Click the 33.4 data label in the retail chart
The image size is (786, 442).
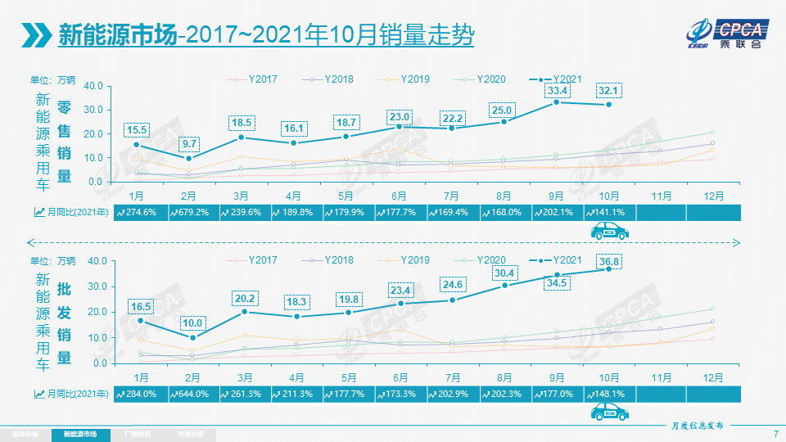[558, 90]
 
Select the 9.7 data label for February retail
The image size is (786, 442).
[189, 142]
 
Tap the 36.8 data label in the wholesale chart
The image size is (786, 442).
[608, 261]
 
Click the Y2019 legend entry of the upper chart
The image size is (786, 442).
[414, 79]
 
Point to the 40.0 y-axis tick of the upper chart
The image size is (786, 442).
[93, 85]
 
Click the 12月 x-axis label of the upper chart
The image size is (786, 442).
[712, 196]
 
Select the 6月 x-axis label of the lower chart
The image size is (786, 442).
[400, 377]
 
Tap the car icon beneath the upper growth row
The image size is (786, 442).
[609, 232]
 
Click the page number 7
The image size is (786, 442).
[775, 434]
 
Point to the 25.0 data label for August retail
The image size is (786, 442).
[501, 110]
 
